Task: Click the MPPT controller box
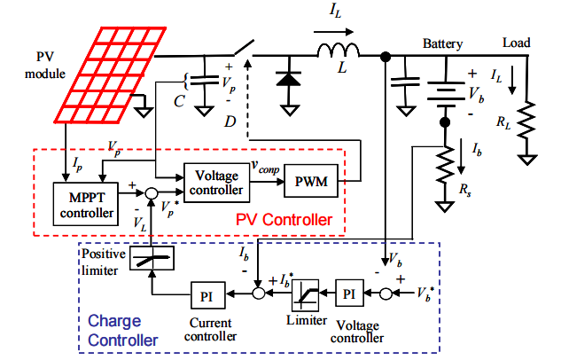click(85, 204)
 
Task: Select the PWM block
click(311, 181)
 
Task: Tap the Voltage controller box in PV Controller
click(216, 183)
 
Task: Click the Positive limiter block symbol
click(152, 258)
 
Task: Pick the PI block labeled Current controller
click(208, 295)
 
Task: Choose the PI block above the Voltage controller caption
click(349, 293)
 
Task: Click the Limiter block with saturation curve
click(305, 295)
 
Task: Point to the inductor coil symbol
click(339, 51)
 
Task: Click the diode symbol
click(289, 79)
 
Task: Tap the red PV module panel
click(110, 75)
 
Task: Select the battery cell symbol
click(446, 94)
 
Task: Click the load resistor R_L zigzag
click(526, 121)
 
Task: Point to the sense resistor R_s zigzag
click(445, 165)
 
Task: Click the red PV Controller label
click(284, 220)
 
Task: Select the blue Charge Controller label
click(122, 331)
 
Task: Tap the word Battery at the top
click(442, 43)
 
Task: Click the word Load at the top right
click(516, 43)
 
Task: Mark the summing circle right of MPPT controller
click(152, 193)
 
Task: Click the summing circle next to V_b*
click(386, 293)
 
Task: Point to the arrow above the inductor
click(333, 32)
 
